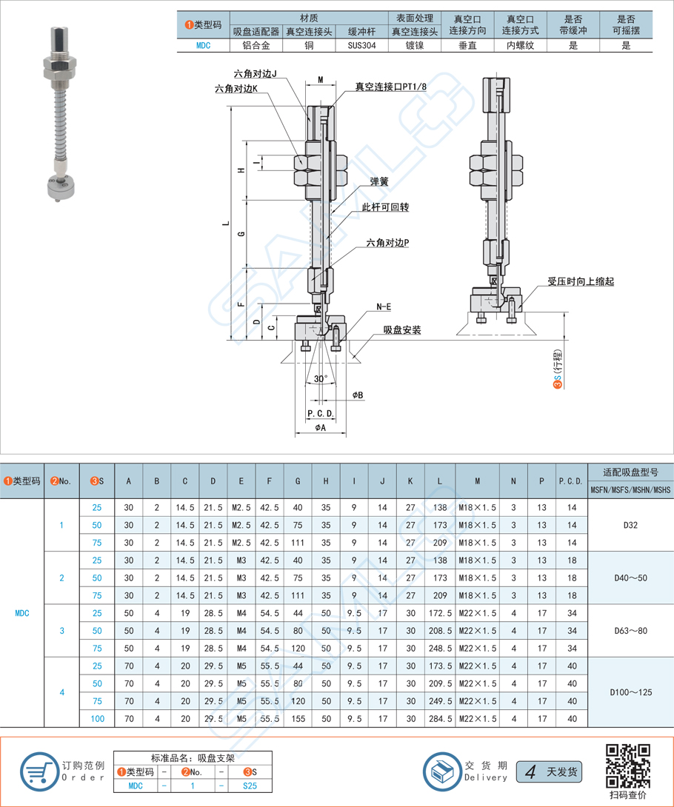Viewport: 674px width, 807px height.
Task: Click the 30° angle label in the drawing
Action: point(320,378)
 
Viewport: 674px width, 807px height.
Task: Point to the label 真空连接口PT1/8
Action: point(390,87)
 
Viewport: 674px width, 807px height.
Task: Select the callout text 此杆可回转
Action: point(385,207)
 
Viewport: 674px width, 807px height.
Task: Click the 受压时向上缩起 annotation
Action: point(581,281)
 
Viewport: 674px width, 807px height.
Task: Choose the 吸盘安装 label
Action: point(402,329)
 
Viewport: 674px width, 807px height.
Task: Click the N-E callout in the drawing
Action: point(384,306)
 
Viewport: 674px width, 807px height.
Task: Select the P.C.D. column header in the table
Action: point(570,481)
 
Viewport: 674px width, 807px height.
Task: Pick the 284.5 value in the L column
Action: point(440,718)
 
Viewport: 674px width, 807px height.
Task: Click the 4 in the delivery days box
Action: point(530,772)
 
